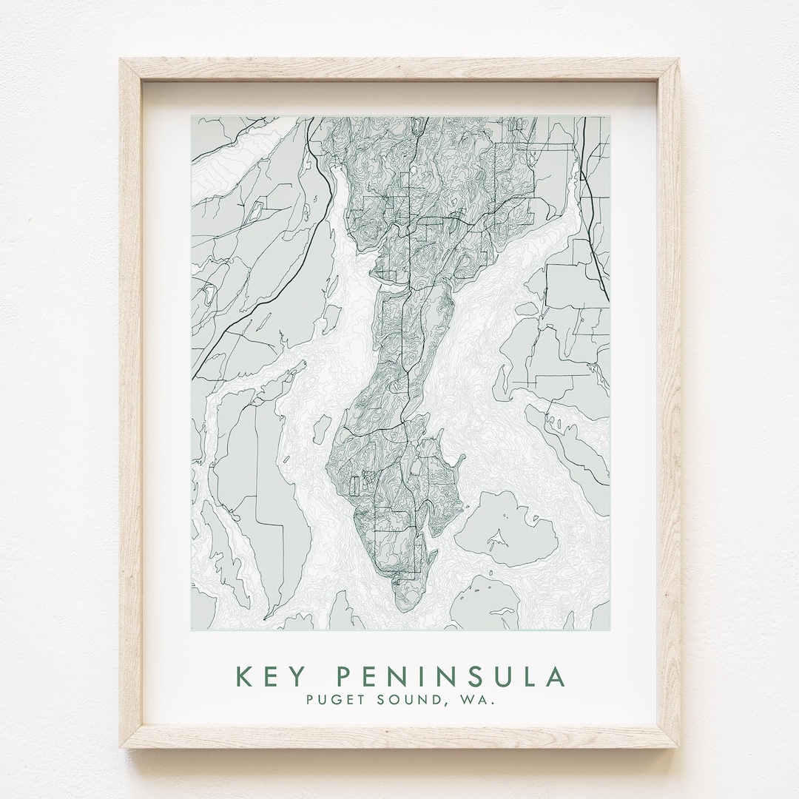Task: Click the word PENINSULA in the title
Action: pyautogui.click(x=451, y=677)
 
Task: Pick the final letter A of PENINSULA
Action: pyautogui.click(x=556, y=677)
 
